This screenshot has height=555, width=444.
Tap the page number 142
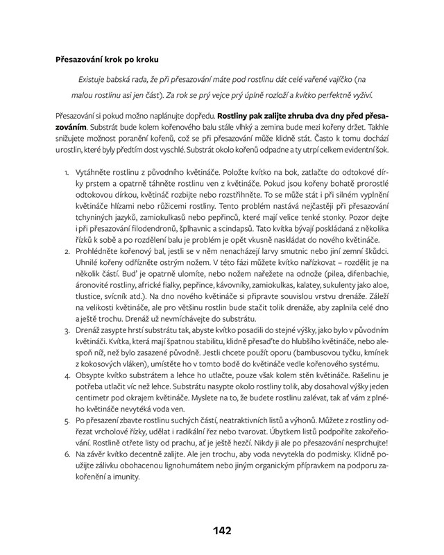(221, 531)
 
